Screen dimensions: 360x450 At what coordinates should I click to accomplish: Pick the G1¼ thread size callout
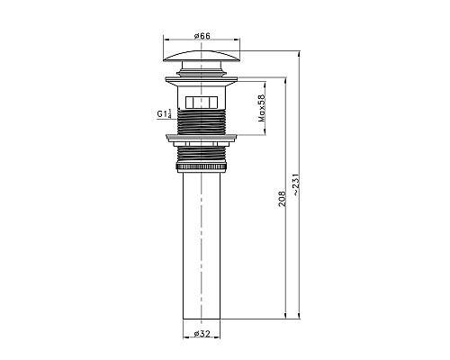click(x=161, y=115)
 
